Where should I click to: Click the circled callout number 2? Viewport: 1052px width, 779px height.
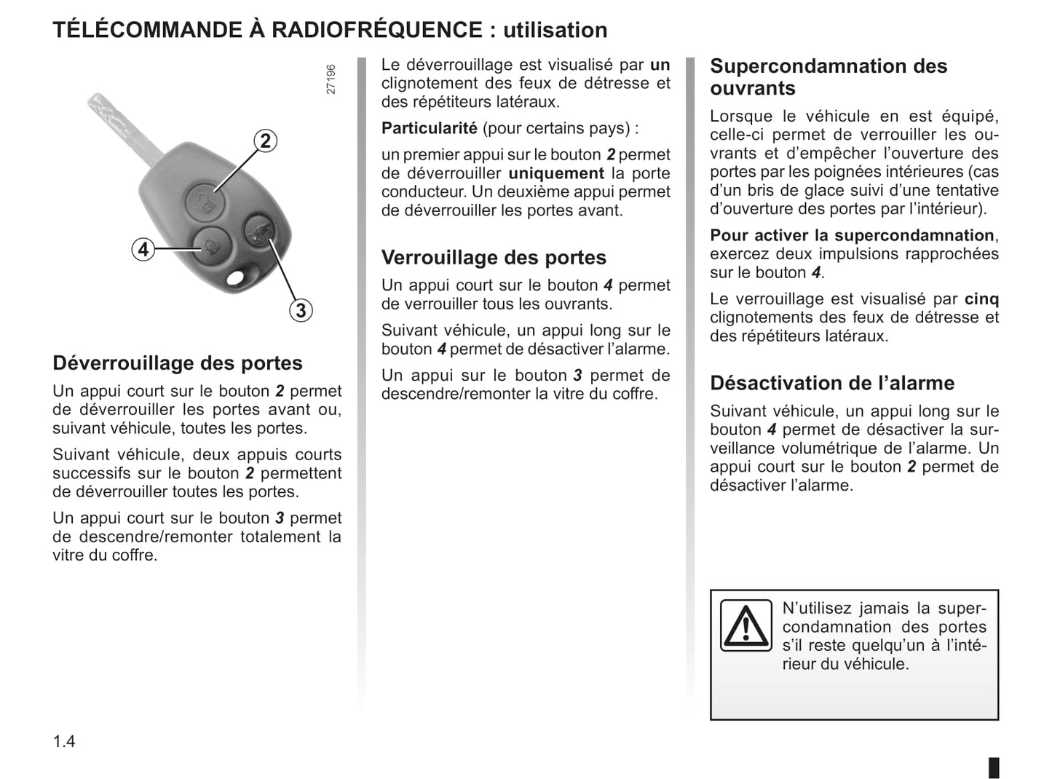(266, 141)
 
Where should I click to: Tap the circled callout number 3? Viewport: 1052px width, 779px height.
(300, 311)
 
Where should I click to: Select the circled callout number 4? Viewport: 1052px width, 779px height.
(143, 250)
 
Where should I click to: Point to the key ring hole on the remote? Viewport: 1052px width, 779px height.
(235, 279)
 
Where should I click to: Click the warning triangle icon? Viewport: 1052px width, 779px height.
(746, 625)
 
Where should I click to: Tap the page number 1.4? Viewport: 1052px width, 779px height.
(64, 741)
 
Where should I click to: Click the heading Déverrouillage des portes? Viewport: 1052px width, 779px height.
(178, 363)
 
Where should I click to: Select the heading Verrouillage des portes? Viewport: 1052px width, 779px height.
(494, 258)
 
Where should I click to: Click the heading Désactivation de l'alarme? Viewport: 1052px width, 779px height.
(832, 383)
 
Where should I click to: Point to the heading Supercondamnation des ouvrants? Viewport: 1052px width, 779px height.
(828, 77)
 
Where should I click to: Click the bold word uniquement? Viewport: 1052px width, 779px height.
(556, 173)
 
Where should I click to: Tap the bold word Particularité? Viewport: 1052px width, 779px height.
(430, 128)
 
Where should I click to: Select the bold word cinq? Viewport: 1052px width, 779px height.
(981, 298)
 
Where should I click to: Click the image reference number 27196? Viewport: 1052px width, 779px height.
(331, 79)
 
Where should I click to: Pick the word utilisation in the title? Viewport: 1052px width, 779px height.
(555, 30)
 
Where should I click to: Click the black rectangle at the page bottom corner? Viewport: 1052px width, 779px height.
(994, 767)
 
